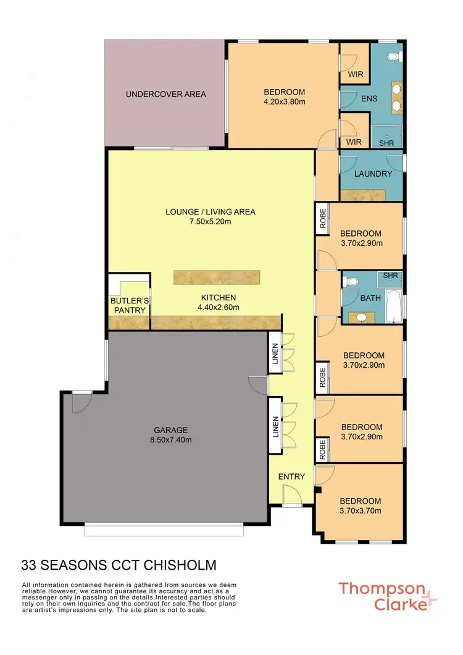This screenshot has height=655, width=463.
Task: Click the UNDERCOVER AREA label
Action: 165,95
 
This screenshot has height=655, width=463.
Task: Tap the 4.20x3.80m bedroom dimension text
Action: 281,103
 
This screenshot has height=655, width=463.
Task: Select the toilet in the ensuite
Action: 392,57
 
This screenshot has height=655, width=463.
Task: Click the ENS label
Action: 369,99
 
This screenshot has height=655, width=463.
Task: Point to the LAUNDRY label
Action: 373,174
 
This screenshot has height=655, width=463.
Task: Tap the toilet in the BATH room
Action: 351,282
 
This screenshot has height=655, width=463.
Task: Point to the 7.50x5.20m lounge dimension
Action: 211,222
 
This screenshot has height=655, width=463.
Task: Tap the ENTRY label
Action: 291,476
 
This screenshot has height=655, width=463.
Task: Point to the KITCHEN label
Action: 217,298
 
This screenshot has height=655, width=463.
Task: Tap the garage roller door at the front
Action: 164,530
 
